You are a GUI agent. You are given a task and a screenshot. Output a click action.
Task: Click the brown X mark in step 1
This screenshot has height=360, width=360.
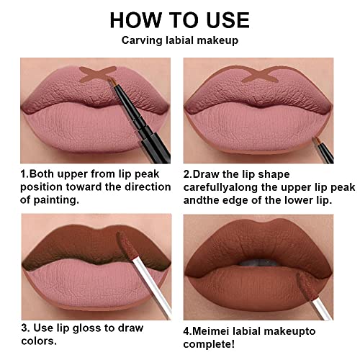[97, 74]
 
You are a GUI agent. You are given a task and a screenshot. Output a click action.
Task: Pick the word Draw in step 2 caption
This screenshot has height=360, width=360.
[205, 174]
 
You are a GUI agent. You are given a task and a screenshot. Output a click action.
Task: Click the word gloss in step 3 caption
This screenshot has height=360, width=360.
[86, 328]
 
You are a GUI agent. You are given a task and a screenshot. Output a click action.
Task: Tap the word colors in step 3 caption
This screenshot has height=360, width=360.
[39, 341]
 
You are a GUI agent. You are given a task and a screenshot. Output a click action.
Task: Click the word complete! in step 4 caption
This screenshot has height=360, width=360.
[209, 344]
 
